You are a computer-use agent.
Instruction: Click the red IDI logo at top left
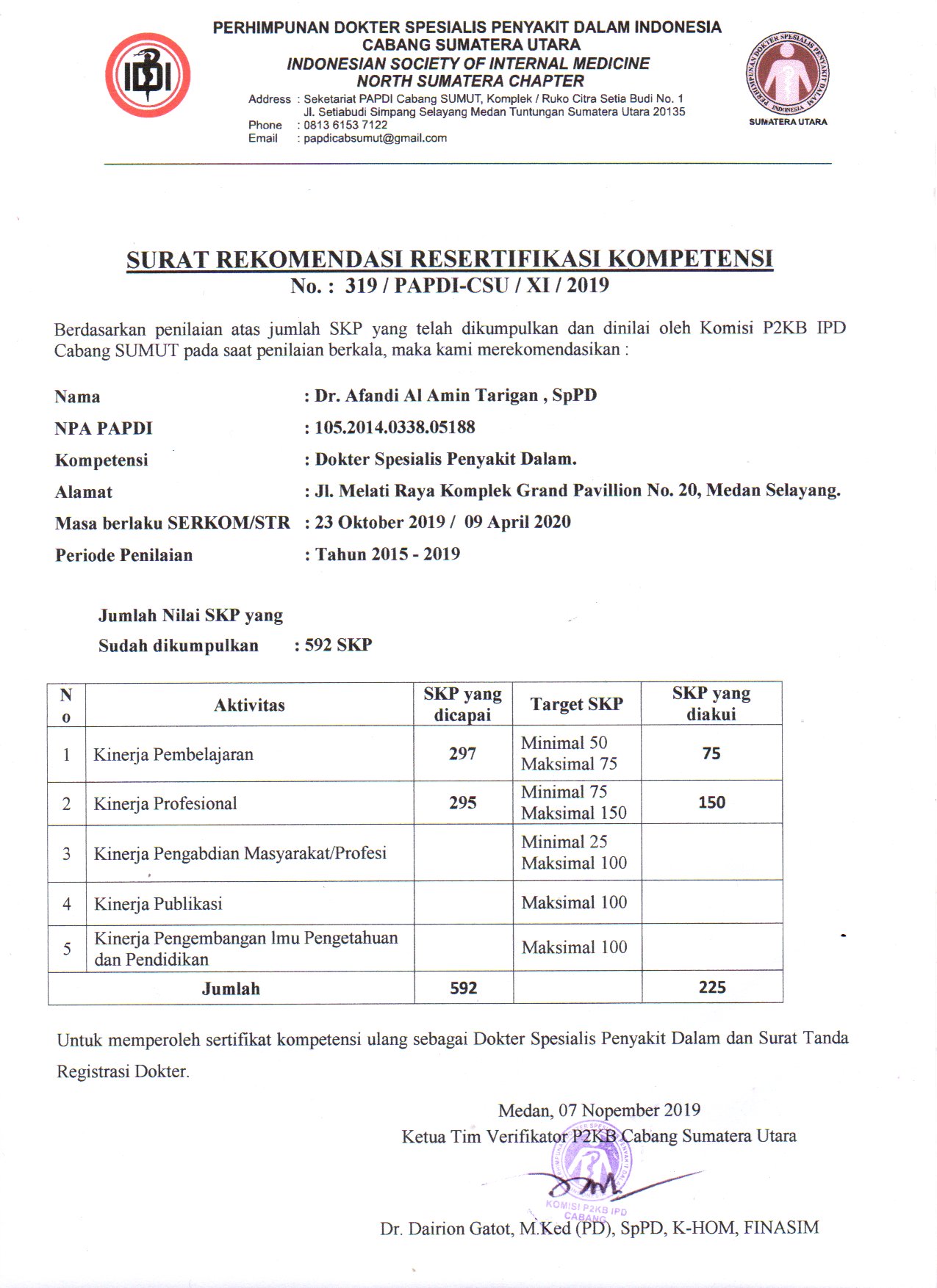coord(148,76)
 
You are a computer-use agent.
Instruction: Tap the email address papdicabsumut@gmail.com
coord(375,138)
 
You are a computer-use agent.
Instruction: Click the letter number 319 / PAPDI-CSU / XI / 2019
coord(477,285)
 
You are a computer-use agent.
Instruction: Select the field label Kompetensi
coord(101,460)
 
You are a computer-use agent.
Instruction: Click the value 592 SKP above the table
coord(338,645)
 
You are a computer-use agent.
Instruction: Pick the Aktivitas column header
coord(249,705)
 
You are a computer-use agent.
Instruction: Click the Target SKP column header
coord(577,704)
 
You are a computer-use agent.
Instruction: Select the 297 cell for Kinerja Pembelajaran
coord(463,753)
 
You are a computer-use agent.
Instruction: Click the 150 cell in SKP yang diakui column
coord(711,802)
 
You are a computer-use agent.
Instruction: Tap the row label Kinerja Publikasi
coord(158,903)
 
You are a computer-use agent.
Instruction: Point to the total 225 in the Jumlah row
coord(712,987)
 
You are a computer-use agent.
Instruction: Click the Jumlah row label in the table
coord(231,988)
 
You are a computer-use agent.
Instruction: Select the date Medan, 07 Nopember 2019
coord(599,1110)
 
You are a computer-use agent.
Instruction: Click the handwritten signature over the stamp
coord(588,1184)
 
